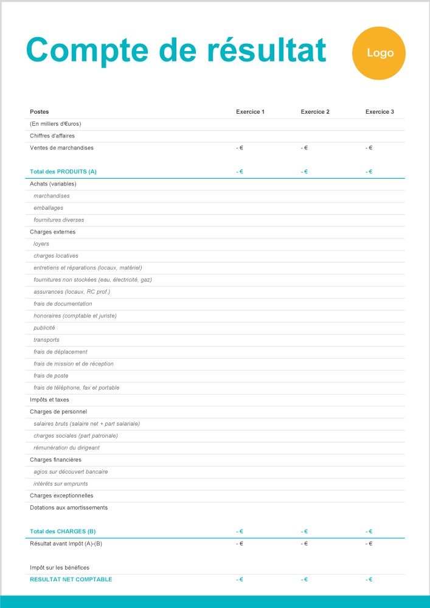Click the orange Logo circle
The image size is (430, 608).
(379, 53)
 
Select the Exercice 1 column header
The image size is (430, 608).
(250, 112)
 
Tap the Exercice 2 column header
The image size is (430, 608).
(315, 112)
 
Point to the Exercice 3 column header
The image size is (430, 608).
(380, 112)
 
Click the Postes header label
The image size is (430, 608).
(40, 112)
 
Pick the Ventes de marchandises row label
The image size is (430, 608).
(61, 148)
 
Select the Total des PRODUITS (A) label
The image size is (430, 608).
(63, 172)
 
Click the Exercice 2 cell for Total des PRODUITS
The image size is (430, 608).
(304, 172)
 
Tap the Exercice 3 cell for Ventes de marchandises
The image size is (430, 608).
(369, 148)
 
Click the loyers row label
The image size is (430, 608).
(41, 244)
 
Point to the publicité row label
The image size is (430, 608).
(44, 328)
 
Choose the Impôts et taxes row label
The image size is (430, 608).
(49, 400)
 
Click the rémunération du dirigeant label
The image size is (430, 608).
(66, 447)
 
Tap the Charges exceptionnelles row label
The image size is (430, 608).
(61, 496)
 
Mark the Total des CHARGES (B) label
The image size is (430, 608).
(63, 531)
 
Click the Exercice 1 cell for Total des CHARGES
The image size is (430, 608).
(240, 531)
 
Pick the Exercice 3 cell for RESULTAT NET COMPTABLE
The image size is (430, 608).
(369, 579)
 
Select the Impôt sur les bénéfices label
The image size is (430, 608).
(60, 567)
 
